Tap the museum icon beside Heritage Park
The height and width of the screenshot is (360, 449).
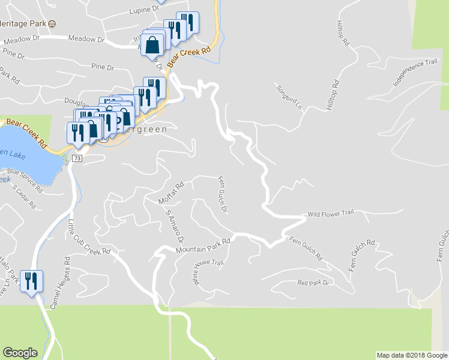coord(52,24)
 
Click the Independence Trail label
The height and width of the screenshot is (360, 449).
coord(415,72)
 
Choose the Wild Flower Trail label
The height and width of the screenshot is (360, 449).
coord(331,214)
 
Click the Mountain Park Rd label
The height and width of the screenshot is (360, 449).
coord(203,245)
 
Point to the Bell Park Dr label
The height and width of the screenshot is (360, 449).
coord(314,282)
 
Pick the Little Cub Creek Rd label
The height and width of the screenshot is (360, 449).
coord(89,237)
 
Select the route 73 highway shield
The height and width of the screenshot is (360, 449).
coord(76,158)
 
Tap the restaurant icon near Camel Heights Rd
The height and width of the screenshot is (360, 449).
coord(32,281)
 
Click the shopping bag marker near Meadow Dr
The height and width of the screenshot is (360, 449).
coord(152,44)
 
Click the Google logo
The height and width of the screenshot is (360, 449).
coord(20,353)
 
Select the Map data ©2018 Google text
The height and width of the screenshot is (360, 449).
coord(412,355)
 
